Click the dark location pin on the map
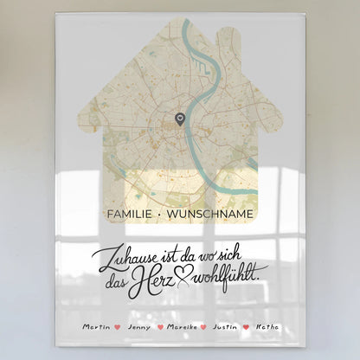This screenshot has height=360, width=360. point(179,119)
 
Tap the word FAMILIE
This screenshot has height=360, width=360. point(130,211)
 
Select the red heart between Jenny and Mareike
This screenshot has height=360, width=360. point(159,328)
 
